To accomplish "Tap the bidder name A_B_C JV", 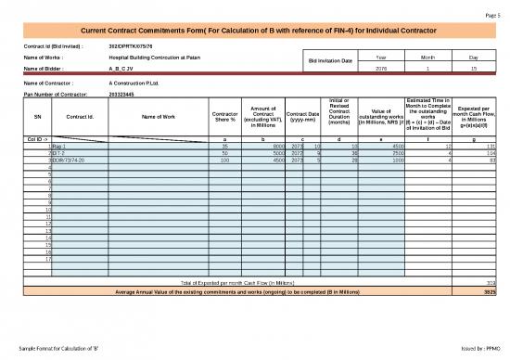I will pos(121,69).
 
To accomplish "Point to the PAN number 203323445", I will pos(123,94).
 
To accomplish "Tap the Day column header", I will pos(474,58).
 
